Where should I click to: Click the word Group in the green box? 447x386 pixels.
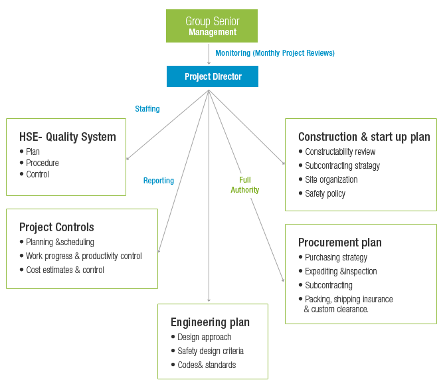point(197,21)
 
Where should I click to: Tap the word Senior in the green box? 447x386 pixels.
point(226,21)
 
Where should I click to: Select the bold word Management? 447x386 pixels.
point(212,32)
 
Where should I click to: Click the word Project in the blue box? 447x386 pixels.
point(197,76)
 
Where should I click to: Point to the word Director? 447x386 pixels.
point(228,76)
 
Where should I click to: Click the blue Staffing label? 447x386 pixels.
point(147,109)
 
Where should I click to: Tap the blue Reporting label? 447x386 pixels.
point(159,181)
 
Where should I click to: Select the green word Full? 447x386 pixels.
point(245,180)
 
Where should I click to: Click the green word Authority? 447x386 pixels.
point(245,190)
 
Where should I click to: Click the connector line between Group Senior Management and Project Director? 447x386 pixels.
point(210,56)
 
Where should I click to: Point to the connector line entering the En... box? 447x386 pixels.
point(209,292)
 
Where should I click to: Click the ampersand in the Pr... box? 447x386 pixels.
point(306,309)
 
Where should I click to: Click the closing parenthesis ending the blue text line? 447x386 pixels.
point(333,53)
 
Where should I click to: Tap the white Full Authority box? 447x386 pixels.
point(244,185)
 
